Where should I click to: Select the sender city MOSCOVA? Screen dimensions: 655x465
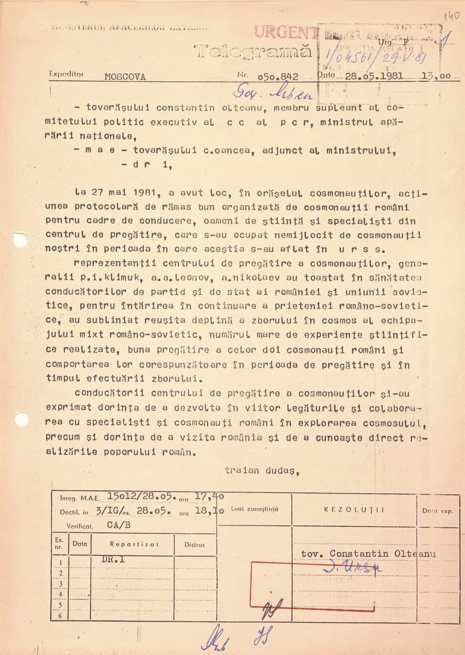coord(125,77)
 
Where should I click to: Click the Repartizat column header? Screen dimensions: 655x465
coord(134,544)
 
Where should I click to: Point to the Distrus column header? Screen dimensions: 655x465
coord(194,544)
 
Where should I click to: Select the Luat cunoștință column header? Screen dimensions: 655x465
coord(254,510)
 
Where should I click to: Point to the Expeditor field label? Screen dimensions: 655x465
coord(67,74)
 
